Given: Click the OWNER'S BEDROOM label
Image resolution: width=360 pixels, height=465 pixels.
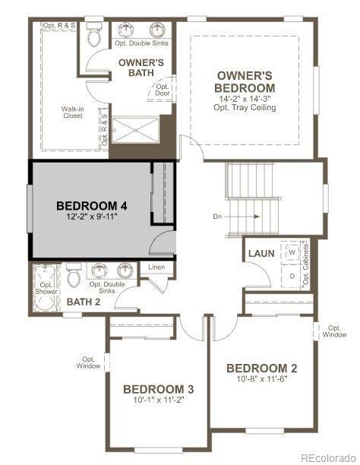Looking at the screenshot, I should click(x=245, y=82).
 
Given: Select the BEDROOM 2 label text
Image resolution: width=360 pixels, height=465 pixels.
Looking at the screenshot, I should click(x=261, y=369).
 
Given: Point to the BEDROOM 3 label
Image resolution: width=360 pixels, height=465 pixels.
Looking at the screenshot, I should click(x=159, y=389).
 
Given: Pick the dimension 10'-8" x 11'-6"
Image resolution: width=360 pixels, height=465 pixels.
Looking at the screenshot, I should click(x=261, y=379).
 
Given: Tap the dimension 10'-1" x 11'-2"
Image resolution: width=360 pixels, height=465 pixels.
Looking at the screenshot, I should click(x=159, y=400).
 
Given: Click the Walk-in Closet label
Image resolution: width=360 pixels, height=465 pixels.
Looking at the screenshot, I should click(x=72, y=112).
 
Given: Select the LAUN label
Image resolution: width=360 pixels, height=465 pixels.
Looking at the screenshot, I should click(x=261, y=254).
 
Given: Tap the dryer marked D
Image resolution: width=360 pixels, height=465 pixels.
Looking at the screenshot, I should click(x=291, y=275).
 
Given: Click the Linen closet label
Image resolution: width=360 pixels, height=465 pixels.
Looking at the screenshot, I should click(x=156, y=267).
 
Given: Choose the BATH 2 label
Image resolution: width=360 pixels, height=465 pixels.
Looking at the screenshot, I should click(x=83, y=302).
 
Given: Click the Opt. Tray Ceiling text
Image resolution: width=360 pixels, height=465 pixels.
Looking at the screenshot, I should click(x=245, y=108).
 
